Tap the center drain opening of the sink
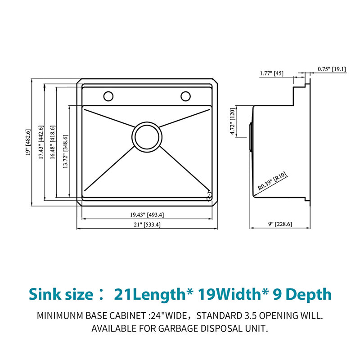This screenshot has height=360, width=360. pos(147,137)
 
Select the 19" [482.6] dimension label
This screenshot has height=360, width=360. pos(28,142)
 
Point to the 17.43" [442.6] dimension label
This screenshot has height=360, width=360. pos(41,142)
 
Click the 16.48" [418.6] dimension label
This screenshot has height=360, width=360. pos(53,142)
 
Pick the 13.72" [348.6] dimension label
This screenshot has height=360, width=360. pos(65,151)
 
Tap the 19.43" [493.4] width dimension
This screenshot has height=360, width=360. pos(147,215)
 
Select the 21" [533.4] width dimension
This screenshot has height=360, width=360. pos(147,225)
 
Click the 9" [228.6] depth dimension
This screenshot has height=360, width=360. pos(280,224)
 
